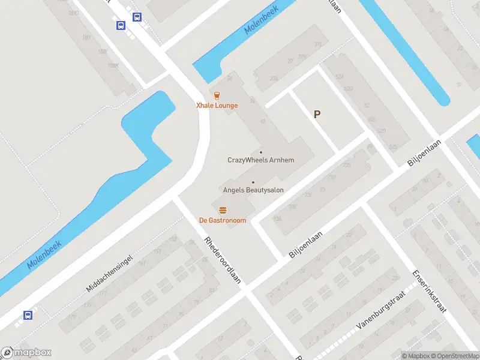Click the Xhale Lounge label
point(217,106)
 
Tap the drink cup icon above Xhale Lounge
point(217,95)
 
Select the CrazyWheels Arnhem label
point(261,160)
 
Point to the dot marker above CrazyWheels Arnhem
point(261,152)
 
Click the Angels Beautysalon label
point(253,190)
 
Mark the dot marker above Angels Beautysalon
point(253,182)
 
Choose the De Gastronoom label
point(223,220)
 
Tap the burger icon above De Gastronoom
point(223,209)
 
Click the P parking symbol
point(317,114)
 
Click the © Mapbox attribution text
point(415,356)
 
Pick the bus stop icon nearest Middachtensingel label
point(27,315)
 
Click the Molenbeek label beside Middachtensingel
point(46,254)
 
